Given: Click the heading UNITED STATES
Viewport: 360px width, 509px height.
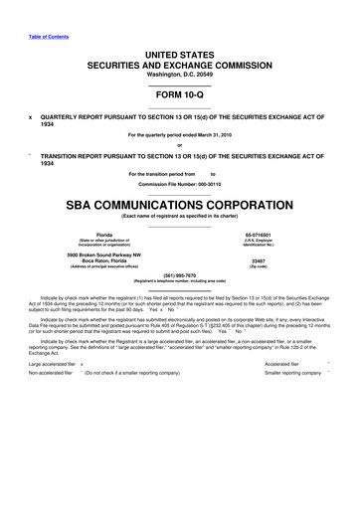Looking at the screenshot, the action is tap(180, 52).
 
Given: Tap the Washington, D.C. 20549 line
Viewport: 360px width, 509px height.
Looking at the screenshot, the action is tap(180, 75).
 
